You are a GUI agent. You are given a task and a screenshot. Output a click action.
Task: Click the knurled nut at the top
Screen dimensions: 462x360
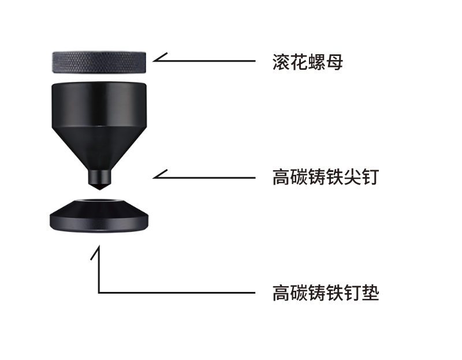[x=99, y=62]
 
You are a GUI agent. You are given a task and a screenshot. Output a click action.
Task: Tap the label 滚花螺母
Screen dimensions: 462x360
[x=308, y=62]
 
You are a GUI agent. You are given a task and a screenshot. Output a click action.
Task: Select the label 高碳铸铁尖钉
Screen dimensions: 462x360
[x=325, y=177]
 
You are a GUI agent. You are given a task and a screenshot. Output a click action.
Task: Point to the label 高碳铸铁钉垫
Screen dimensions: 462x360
[x=325, y=292]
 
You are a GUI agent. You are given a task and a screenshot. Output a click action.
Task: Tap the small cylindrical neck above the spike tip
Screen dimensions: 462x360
[x=99, y=177]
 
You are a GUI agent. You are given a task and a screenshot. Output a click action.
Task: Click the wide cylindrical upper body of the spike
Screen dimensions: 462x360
[x=99, y=105]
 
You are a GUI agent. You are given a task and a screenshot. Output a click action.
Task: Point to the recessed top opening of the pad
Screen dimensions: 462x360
[x=99, y=201]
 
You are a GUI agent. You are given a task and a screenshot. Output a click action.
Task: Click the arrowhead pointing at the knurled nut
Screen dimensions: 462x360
[x=159, y=58]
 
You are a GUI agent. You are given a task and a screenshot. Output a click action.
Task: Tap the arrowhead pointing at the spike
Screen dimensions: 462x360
[x=159, y=175]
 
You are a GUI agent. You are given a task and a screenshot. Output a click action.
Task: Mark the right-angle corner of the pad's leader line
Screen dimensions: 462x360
[x=99, y=292]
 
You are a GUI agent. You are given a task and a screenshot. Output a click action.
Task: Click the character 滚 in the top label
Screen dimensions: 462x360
[x=281, y=62]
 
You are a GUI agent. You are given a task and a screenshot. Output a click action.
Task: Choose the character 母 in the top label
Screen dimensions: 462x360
[x=334, y=62]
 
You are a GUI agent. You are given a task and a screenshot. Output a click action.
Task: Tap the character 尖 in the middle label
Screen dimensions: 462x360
[x=352, y=177]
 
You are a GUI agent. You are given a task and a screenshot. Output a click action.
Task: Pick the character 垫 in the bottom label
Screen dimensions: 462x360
[x=370, y=292]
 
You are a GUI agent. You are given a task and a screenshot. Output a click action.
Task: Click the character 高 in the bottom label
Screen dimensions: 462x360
[x=281, y=292]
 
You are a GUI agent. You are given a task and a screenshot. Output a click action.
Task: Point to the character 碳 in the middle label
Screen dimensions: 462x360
[x=299, y=177]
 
